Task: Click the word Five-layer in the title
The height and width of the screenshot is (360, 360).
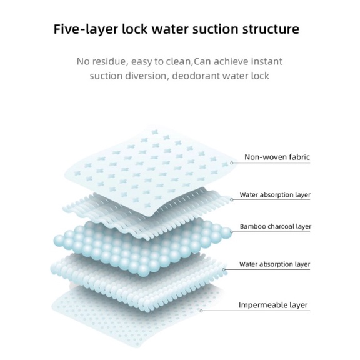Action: coord(86,29)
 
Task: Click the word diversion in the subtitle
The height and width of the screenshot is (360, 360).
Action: coord(146,76)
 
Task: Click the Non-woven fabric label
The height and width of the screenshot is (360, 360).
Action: coord(277,157)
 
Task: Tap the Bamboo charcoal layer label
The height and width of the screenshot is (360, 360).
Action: coord(276,227)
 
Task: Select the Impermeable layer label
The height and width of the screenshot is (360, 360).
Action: coord(273,305)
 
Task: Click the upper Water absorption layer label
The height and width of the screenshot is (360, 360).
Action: coord(275,195)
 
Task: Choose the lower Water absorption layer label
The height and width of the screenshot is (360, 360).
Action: coord(274,264)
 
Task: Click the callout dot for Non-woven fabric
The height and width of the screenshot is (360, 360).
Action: coord(232,162)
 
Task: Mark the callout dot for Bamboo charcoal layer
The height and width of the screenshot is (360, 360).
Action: coord(231,232)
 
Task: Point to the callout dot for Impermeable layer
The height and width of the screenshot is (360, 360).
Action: coord(201,311)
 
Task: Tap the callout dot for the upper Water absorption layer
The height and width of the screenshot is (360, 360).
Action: coord(232,199)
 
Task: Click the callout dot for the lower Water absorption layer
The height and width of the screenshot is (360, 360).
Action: coord(224,269)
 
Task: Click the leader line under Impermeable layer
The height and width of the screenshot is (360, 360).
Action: coord(256,311)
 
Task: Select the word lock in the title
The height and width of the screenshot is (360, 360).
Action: coord(134,29)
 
